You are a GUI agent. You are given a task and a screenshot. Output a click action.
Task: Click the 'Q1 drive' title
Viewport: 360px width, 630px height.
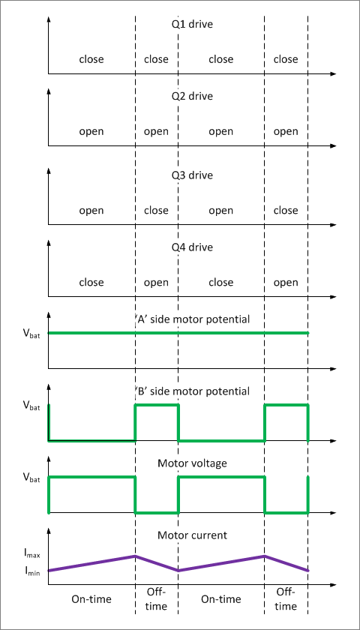[192, 25]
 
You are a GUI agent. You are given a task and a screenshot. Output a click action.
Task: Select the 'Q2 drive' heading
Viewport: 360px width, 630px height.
[192, 96]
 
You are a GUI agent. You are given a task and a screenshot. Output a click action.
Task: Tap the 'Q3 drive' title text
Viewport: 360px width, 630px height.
[192, 175]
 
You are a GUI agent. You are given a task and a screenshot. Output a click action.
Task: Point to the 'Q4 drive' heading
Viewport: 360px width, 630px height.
[192, 247]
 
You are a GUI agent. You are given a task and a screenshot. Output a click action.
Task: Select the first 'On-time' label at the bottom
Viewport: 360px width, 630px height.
[91, 599]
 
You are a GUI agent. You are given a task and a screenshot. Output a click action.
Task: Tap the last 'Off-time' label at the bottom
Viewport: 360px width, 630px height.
[286, 598]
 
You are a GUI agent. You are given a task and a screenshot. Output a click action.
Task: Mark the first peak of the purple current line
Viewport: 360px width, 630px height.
[135, 556]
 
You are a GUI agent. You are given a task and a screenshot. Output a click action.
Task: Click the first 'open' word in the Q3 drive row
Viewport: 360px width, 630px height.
[91, 211]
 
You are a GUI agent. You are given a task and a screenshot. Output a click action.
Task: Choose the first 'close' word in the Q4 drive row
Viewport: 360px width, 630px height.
[91, 283]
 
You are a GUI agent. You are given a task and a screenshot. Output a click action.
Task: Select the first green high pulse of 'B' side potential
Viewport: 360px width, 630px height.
[156, 406]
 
